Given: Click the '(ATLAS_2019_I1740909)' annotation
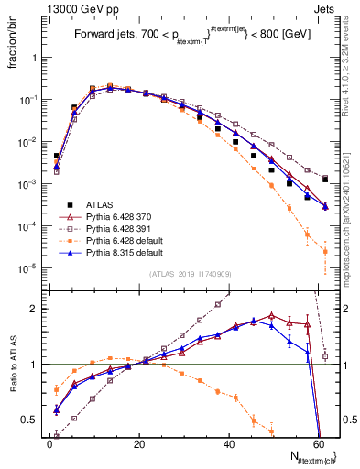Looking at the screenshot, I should (x=191, y=274).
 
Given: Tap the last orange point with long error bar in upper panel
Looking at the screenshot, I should (x=325, y=252).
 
